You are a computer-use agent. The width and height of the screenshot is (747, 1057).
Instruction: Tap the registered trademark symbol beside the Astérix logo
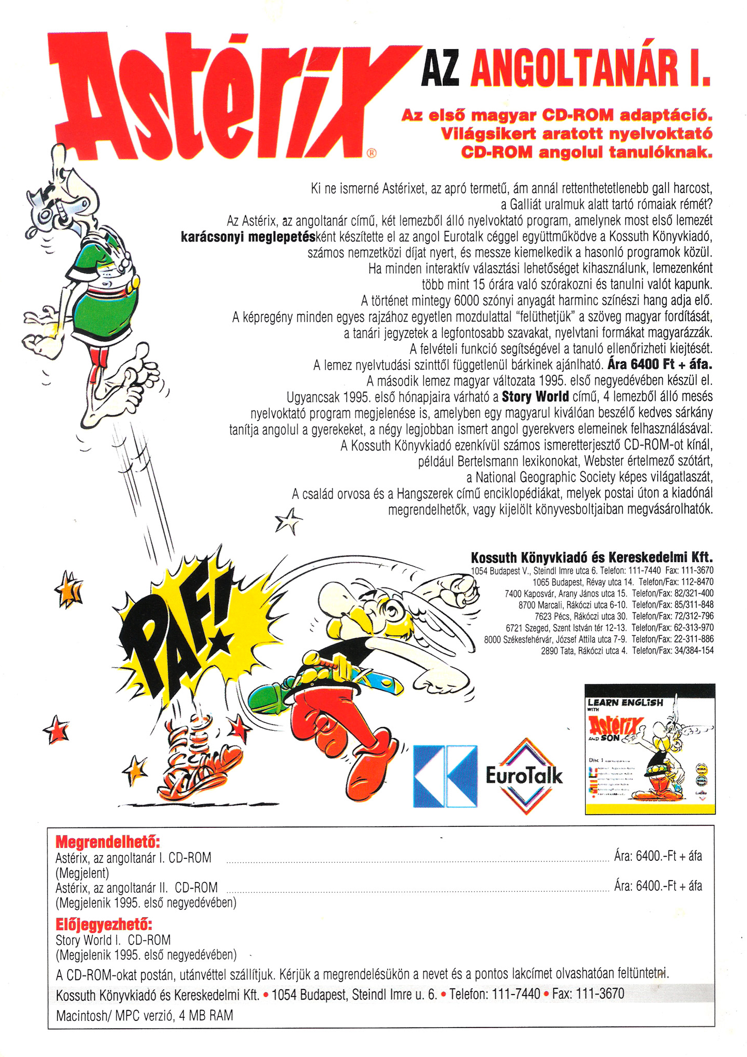click(371, 152)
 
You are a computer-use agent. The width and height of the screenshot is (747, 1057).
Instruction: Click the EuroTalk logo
click(524, 775)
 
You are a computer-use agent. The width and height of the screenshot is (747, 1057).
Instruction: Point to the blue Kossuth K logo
click(445, 776)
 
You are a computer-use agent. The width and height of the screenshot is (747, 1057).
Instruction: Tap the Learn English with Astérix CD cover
click(650, 749)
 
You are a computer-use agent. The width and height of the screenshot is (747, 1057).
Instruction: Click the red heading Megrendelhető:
click(107, 842)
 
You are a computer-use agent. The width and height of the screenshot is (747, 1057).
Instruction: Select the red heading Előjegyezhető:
click(104, 923)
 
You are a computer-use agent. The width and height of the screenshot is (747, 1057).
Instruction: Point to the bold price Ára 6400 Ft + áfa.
click(660, 364)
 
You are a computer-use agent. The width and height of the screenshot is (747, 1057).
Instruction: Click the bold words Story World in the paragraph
click(535, 396)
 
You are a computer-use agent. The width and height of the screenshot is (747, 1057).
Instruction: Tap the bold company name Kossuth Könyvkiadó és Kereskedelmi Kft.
click(592, 557)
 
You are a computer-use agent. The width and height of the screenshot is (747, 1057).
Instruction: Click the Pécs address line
click(624, 616)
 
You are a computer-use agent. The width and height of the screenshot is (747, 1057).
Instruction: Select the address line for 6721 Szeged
click(610, 628)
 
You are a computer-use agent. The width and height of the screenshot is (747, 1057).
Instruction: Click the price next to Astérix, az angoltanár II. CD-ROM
click(658, 886)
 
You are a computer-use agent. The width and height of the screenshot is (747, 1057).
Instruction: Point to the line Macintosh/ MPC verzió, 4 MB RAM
click(144, 1015)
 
